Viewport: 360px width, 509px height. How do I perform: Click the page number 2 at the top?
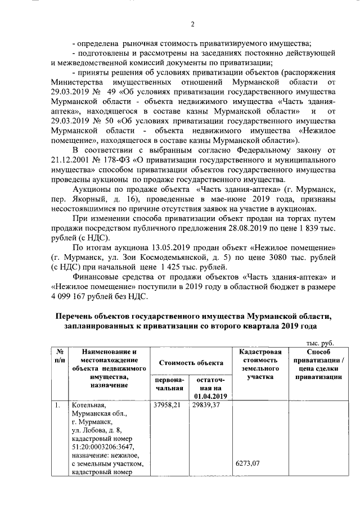click(192, 24)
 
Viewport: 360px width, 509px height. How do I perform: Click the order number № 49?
click(107, 93)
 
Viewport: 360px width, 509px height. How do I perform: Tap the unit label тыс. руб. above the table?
click(319, 343)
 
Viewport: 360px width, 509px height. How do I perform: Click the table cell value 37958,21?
click(168, 405)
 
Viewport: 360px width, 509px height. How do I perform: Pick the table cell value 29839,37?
click(206, 405)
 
